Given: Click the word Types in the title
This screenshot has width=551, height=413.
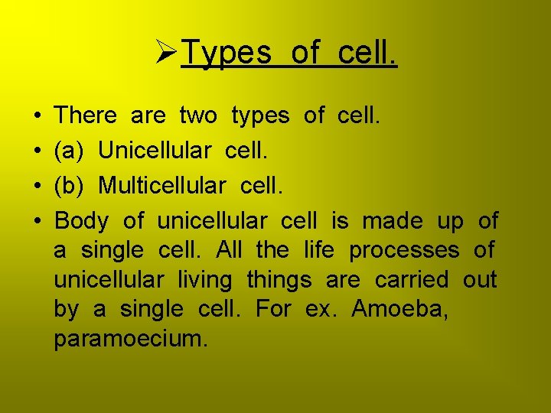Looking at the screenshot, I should pyautogui.click(x=227, y=53).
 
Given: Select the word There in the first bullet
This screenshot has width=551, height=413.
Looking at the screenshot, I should pyautogui.click(x=86, y=115).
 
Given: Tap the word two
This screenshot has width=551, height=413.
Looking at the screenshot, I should pyautogui.click(x=198, y=115).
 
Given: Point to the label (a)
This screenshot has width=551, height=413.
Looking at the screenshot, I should pyautogui.click(x=69, y=151).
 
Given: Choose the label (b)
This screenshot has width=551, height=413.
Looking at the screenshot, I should pyautogui.click(x=69, y=186).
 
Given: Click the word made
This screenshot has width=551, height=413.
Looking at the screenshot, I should pyautogui.click(x=392, y=221).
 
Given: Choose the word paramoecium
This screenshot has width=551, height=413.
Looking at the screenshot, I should pyautogui.click(x=130, y=339).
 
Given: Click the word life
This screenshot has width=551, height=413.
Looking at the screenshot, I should pyautogui.click(x=319, y=250).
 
